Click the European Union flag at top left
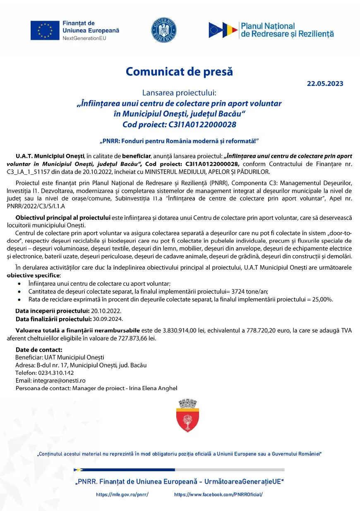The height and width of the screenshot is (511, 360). (x=45, y=30)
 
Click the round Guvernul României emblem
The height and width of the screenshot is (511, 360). (x=164, y=30)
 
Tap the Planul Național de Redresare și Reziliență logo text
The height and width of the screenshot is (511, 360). (x=287, y=30)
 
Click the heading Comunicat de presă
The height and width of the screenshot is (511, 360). (x=179, y=72)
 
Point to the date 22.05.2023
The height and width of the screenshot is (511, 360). (x=325, y=84)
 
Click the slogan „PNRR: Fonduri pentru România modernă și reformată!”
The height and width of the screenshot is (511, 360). (x=179, y=141)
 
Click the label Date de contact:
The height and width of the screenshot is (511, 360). (x=39, y=350)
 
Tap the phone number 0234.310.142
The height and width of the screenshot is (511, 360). (x=56, y=373)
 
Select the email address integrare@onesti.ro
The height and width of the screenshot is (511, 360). (x=58, y=381)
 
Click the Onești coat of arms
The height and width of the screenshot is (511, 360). (x=187, y=416)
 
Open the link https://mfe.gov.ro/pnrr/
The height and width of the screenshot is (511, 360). (x=122, y=495)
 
